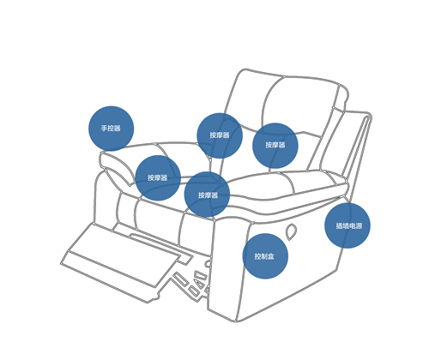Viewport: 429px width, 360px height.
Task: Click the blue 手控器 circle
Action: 112,129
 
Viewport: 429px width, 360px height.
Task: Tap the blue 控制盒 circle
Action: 265,256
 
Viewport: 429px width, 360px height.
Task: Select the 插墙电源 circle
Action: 347,225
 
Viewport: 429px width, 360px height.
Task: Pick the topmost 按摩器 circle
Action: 220,135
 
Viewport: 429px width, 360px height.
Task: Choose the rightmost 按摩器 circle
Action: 275,146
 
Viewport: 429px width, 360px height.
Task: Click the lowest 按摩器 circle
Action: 207,195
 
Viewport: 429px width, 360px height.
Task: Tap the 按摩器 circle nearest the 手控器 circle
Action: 158,178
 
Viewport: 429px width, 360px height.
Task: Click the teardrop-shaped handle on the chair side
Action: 291,231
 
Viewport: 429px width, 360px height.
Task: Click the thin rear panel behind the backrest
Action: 356,148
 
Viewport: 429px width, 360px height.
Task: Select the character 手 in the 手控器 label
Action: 104,129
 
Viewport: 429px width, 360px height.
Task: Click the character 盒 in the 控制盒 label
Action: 271,256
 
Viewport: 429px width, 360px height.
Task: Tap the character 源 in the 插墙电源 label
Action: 359,225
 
